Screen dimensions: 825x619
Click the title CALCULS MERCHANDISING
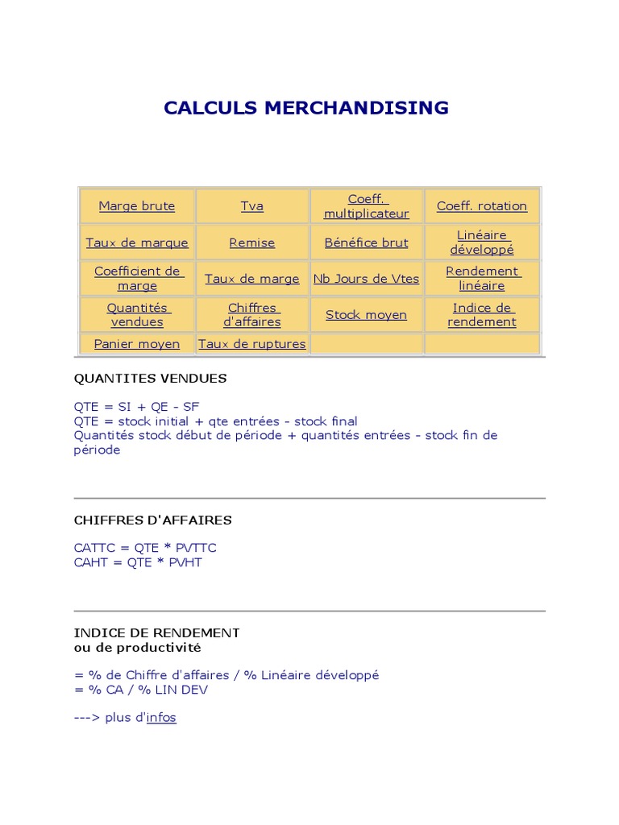tap(306, 108)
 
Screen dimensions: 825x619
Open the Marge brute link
tap(137, 206)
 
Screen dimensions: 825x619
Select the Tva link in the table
tap(252, 206)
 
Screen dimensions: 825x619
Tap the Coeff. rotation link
tap(482, 206)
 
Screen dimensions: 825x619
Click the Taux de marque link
tap(137, 243)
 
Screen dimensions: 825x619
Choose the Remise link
tap(252, 243)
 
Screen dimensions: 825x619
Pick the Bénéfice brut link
tap(367, 243)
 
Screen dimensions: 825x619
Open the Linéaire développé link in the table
tap(482, 243)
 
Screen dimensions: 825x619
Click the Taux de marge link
tap(252, 279)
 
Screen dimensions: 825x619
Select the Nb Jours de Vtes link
tap(367, 279)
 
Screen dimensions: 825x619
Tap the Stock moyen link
tap(367, 315)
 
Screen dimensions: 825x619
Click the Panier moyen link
tap(137, 344)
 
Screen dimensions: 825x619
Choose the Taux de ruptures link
tap(252, 344)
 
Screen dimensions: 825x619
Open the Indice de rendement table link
tap(482, 315)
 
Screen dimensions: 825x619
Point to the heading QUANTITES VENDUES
tap(151, 379)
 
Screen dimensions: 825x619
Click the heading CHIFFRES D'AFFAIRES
tap(153, 520)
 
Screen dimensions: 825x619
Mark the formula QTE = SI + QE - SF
tap(136, 407)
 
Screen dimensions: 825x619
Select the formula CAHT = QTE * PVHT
tap(138, 562)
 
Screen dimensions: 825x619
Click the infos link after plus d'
tap(161, 718)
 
